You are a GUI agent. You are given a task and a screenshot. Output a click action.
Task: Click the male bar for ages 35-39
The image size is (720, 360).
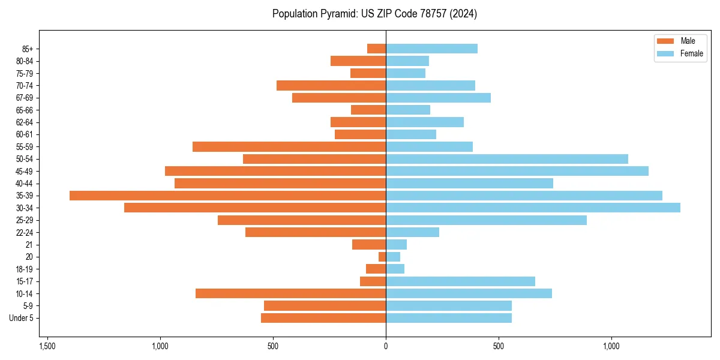(228, 196)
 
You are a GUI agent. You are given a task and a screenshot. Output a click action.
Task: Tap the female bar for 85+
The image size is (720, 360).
(431, 49)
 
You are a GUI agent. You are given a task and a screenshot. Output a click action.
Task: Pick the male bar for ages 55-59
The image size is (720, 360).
(289, 146)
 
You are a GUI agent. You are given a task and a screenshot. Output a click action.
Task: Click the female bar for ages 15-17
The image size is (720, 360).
(460, 281)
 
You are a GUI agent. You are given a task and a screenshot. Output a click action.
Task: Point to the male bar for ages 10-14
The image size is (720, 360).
(290, 293)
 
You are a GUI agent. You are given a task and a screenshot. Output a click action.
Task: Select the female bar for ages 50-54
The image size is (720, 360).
(507, 159)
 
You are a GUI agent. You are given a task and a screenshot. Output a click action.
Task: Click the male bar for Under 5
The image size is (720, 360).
(323, 318)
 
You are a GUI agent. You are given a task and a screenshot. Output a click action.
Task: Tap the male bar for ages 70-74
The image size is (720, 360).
(331, 85)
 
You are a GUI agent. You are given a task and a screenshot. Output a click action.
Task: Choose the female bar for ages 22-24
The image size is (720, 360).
(412, 232)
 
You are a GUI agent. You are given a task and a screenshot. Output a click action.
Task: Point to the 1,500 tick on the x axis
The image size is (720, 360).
(47, 346)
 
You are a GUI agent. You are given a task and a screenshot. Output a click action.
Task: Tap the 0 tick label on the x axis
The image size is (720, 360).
(386, 346)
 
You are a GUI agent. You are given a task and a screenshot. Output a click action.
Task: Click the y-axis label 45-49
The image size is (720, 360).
(25, 171)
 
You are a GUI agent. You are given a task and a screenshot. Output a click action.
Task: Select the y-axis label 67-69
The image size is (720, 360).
(25, 98)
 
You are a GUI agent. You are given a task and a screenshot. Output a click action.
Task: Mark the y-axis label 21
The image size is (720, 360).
(29, 245)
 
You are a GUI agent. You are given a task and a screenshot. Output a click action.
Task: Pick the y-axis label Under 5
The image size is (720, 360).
(21, 318)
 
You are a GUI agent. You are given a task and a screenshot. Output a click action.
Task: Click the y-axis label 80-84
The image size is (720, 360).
(25, 61)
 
